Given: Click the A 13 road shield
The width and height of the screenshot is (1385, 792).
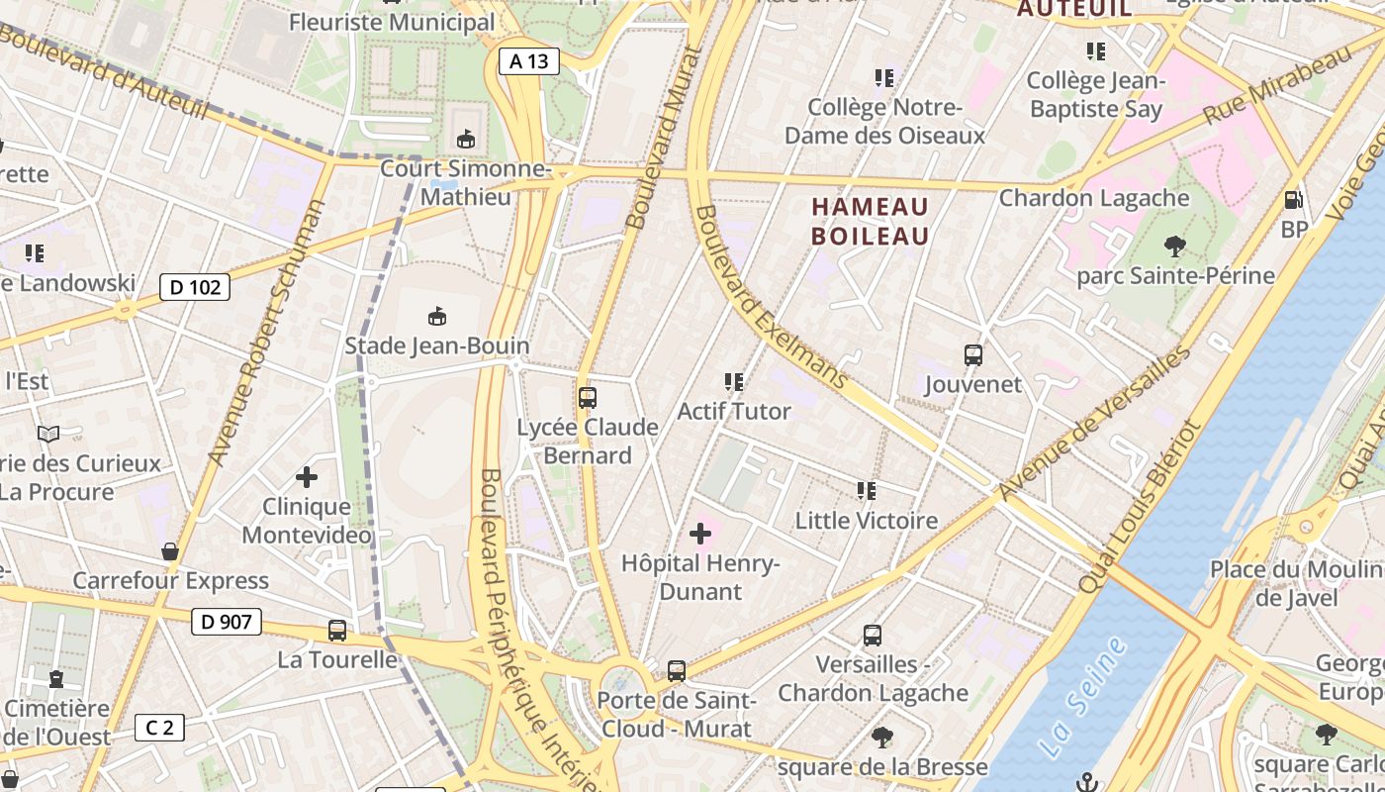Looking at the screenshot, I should point(528,61).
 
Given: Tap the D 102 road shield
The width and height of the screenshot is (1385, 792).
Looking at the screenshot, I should point(195,287).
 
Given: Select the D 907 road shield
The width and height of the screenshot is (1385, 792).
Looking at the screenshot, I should point(226,622).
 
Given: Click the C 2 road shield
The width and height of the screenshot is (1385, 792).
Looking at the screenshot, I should point(159,729).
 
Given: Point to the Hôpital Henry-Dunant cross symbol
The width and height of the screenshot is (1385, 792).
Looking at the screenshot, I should point(700,535).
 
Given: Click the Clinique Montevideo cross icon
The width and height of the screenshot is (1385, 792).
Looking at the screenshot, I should point(307,477).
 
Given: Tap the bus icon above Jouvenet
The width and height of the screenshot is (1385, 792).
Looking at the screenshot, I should point(973,355).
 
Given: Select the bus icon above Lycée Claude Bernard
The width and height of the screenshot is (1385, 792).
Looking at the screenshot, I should point(588,398).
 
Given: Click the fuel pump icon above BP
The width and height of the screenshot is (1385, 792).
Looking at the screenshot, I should point(1293,200).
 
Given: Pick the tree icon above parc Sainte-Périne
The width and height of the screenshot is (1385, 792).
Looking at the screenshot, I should point(1175,246).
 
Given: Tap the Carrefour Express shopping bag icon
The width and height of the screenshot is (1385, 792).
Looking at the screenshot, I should point(170,551).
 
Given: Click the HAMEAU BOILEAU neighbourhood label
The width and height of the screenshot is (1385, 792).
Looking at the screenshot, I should point(871,221).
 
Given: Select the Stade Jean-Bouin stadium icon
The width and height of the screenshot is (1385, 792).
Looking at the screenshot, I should point(436,317).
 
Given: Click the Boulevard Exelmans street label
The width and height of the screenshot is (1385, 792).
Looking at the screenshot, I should point(772,297).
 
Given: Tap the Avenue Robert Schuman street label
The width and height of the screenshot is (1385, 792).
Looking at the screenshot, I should point(268,333).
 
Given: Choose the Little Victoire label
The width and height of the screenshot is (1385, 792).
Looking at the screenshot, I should point(867,521).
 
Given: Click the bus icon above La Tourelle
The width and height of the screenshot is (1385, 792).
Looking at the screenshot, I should point(337,631).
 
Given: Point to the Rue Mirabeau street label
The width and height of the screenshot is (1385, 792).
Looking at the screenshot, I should point(1276,84).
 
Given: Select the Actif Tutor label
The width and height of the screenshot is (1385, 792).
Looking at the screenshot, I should point(734,411).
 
